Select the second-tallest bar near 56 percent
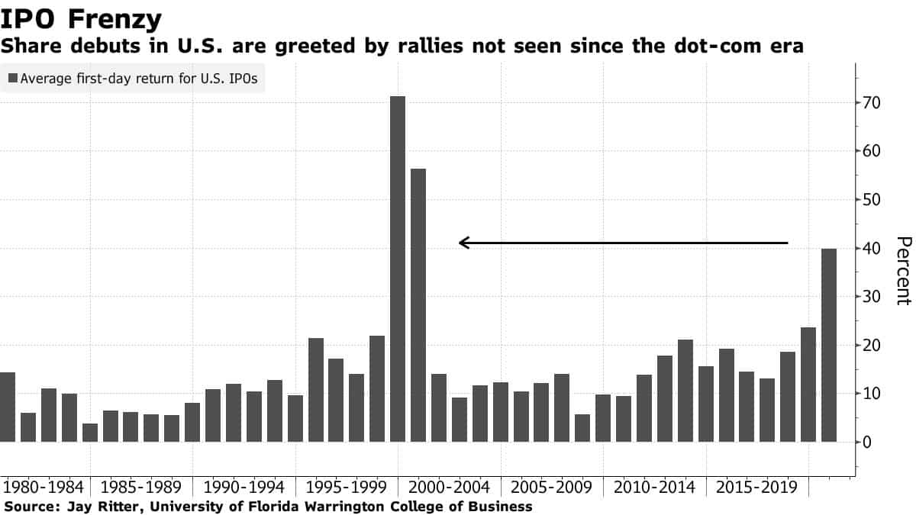(418, 305)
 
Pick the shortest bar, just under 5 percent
(90, 433)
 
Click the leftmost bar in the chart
(7, 407)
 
